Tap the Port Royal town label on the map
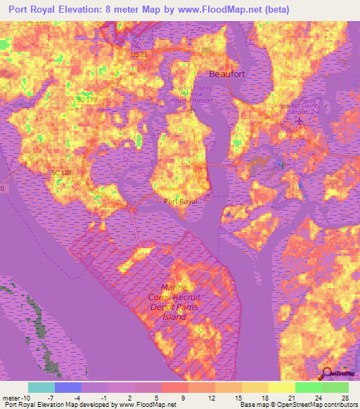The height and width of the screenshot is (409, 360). pyautogui.click(x=181, y=201)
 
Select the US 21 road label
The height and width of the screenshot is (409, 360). pyautogui.click(x=138, y=54)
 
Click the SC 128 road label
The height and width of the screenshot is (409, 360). pyautogui.click(x=61, y=173)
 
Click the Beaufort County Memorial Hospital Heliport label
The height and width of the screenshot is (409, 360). pyautogui.click(x=193, y=93)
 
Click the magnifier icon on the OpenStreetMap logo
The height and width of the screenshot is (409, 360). pyautogui.click(x=328, y=374)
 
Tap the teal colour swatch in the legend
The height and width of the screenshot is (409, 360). pyautogui.click(x=41, y=387)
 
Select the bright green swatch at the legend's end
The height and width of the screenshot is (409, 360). pyautogui.click(x=335, y=387)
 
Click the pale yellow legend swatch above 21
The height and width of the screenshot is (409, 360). pyautogui.click(x=282, y=387)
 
